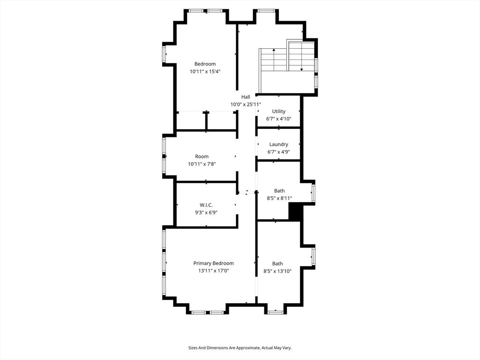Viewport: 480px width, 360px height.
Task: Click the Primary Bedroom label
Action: point(213,263)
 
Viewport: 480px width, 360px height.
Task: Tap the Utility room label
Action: point(278,112)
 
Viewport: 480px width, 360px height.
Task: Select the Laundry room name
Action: point(278,144)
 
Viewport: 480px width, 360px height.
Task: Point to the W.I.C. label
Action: point(206,205)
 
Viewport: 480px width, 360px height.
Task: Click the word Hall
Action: point(246,97)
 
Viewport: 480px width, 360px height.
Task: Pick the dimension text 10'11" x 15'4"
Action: point(205,72)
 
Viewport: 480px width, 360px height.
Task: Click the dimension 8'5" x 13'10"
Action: point(277,271)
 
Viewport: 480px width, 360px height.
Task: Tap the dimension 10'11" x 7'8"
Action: point(202,164)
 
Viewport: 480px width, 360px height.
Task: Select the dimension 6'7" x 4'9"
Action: point(278,151)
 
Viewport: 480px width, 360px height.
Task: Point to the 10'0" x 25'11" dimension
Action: point(246,105)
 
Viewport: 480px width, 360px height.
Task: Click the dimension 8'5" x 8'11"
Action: point(279,198)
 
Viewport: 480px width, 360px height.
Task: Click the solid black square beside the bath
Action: point(296,212)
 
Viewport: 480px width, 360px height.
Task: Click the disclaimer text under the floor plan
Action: point(240,348)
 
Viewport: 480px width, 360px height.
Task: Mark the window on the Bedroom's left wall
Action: point(164,54)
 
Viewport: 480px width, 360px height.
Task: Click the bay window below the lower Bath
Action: point(276,312)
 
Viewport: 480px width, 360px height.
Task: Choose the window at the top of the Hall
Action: point(266,11)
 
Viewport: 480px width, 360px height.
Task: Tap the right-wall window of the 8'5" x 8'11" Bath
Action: point(313,193)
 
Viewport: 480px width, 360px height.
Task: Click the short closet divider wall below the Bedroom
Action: point(206,121)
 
